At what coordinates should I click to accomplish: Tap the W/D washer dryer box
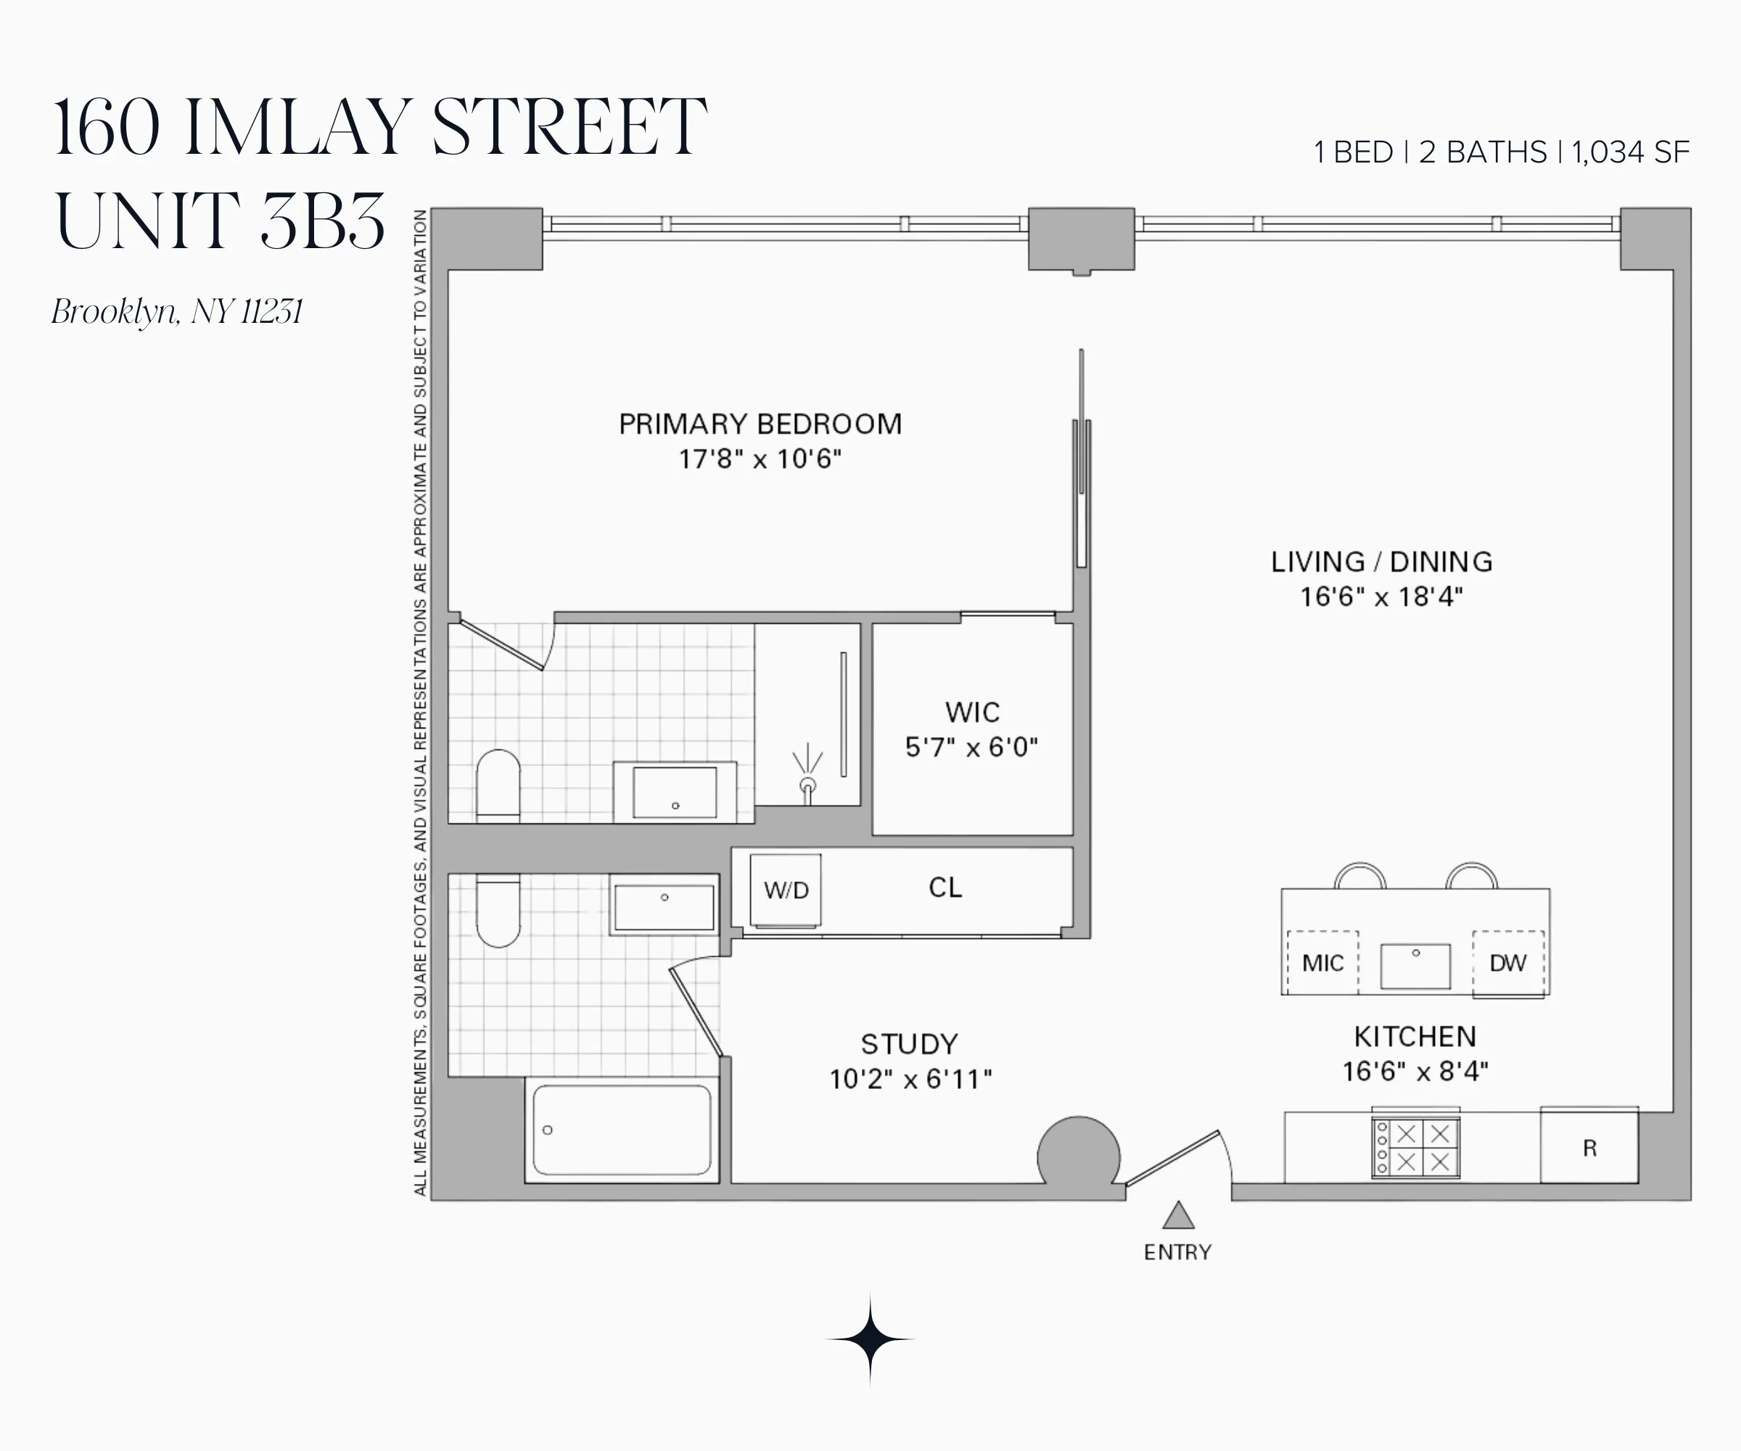(x=786, y=890)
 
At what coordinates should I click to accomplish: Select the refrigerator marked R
(x=1589, y=1148)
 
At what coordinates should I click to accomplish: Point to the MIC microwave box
(x=1322, y=963)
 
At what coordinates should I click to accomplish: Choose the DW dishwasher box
(x=1508, y=963)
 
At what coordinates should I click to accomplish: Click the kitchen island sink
(x=1415, y=966)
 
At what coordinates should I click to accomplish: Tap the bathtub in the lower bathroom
(x=622, y=1130)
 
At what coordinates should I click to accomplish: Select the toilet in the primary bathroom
(x=498, y=784)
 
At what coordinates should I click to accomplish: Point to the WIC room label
(x=973, y=712)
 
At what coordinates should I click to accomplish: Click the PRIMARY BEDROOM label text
(x=760, y=424)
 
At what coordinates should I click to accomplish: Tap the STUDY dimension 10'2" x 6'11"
(x=910, y=1079)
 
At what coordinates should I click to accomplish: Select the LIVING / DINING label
(x=1382, y=562)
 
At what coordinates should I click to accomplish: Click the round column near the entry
(x=1079, y=1155)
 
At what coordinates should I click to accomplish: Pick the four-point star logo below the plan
(x=870, y=1339)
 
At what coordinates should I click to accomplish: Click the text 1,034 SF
(x=1630, y=152)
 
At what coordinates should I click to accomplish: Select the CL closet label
(x=945, y=888)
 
